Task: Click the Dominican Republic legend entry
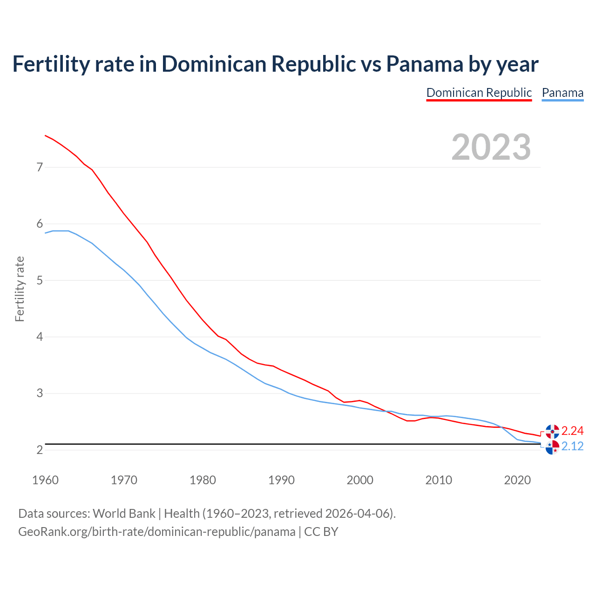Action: [479, 93]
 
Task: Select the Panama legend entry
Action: [562, 93]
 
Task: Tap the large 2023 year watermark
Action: [491, 147]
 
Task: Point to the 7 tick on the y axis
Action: [40, 167]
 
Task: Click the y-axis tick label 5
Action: [40, 280]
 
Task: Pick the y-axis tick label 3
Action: [40, 393]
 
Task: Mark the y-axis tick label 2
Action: [40, 450]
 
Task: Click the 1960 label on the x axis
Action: [45, 480]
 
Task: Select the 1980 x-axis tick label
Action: [203, 480]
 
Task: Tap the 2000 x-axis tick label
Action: [360, 480]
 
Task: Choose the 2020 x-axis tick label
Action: [517, 480]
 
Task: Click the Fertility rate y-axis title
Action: [20, 289]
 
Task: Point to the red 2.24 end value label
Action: [572, 431]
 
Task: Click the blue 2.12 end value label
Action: [572, 447]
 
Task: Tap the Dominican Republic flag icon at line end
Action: [552, 432]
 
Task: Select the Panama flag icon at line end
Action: [552, 447]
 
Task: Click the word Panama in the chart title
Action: [425, 64]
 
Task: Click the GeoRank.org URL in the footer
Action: [156, 532]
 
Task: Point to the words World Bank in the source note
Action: [124, 514]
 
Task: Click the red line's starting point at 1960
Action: [45, 135]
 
